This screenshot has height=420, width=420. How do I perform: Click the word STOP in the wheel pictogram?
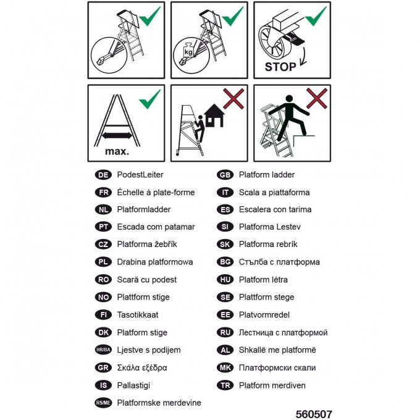[280, 67]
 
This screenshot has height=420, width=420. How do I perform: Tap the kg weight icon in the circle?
[188, 50]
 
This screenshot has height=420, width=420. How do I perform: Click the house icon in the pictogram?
[214, 115]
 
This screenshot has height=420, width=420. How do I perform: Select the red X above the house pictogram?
[233, 99]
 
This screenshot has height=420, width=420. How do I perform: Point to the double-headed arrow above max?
[117, 135]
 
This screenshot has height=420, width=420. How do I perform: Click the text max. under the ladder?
[117, 151]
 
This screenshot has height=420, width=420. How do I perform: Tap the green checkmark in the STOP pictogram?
[316, 16]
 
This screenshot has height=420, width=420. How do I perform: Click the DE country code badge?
[103, 175]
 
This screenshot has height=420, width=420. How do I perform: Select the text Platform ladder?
[267, 175]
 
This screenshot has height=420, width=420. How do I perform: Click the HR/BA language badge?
[103, 350]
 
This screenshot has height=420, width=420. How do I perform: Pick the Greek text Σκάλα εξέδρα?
[142, 367]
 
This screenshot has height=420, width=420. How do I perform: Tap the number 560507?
[314, 414]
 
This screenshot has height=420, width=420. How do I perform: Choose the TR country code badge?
[225, 385]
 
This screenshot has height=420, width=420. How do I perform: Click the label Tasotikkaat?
[138, 315]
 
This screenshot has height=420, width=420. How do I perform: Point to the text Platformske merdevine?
[159, 403]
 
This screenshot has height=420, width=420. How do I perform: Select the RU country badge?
[225, 332]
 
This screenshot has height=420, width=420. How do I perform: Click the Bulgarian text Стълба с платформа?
[279, 262]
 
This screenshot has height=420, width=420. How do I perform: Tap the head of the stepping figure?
[289, 99]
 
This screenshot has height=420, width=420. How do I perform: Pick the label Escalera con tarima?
[275, 209]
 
